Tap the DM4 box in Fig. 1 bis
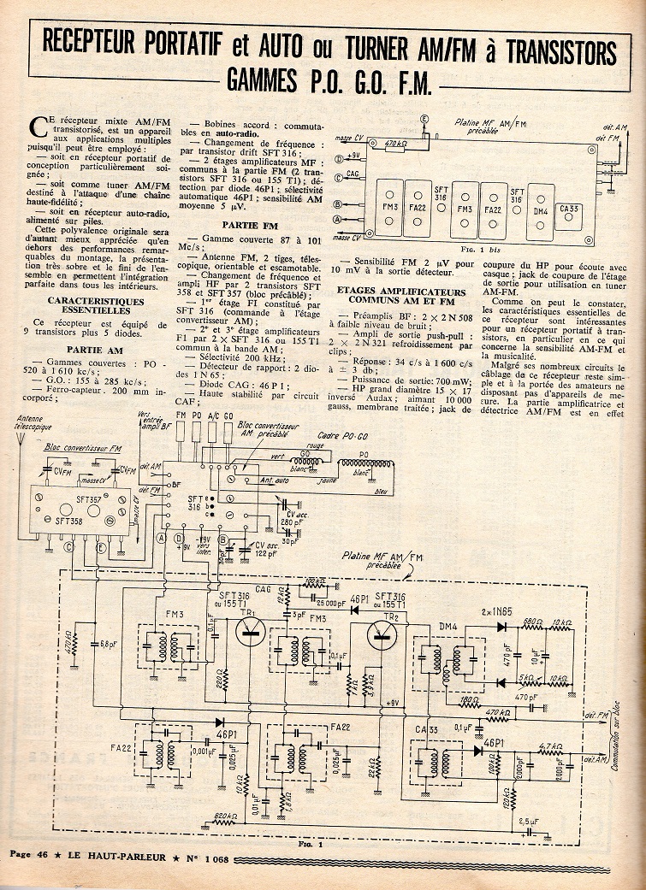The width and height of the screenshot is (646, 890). click(x=541, y=209)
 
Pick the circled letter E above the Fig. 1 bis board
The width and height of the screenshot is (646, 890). click(x=423, y=117)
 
